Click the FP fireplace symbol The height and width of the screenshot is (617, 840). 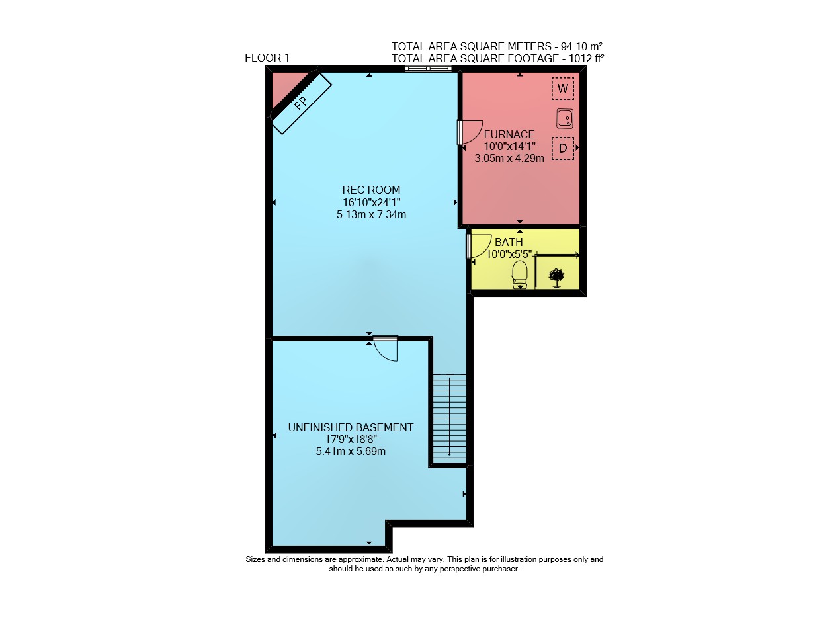click(x=302, y=103)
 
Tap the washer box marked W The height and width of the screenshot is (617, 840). click(x=562, y=89)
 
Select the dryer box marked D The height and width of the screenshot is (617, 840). click(x=562, y=148)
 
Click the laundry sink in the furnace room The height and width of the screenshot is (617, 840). click(x=564, y=118)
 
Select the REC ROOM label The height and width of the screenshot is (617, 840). click(x=371, y=190)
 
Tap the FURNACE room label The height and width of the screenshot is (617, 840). click(x=509, y=134)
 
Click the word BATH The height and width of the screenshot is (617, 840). click(x=509, y=242)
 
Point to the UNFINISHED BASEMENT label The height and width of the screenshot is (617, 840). click(x=351, y=427)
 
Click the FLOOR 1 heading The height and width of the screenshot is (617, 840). click(x=267, y=58)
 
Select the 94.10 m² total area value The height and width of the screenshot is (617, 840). click(x=581, y=46)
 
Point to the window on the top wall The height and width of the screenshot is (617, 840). click(x=428, y=69)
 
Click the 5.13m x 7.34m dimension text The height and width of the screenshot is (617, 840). click(x=371, y=215)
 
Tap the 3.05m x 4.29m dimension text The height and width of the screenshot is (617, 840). click(x=509, y=158)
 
